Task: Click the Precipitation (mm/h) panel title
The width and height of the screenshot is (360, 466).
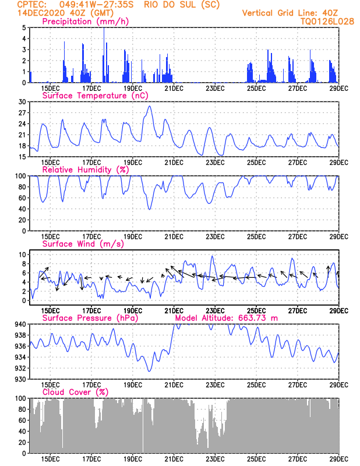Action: coord(85,22)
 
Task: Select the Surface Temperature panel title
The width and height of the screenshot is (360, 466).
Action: coord(95,96)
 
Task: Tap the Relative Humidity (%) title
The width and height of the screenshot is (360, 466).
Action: coord(86,170)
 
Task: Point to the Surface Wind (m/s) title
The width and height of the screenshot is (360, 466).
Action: coord(83,244)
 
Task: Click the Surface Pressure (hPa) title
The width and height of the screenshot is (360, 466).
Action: coord(90,318)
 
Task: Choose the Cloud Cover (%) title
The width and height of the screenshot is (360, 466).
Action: coord(76,392)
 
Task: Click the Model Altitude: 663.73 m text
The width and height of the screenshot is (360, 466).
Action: coord(227,318)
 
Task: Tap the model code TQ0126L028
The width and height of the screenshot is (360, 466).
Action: coord(327,22)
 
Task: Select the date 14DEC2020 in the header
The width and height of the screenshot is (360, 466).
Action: coord(41,13)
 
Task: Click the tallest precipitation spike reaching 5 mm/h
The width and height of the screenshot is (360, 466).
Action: coord(104,55)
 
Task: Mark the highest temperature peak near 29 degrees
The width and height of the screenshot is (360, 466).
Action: coord(150,106)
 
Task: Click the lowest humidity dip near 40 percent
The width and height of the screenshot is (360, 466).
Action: coord(149,209)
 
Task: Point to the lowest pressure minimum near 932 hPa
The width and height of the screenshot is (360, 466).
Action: coord(149,371)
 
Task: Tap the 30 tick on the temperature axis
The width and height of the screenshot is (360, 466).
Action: coord(22,102)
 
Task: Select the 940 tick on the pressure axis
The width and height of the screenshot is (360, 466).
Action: coord(21,324)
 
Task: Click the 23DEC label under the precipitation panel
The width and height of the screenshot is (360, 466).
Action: coord(215,89)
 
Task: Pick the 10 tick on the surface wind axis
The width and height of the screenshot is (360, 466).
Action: coord(23,255)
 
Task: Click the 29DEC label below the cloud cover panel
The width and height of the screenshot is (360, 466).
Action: coord(339,459)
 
